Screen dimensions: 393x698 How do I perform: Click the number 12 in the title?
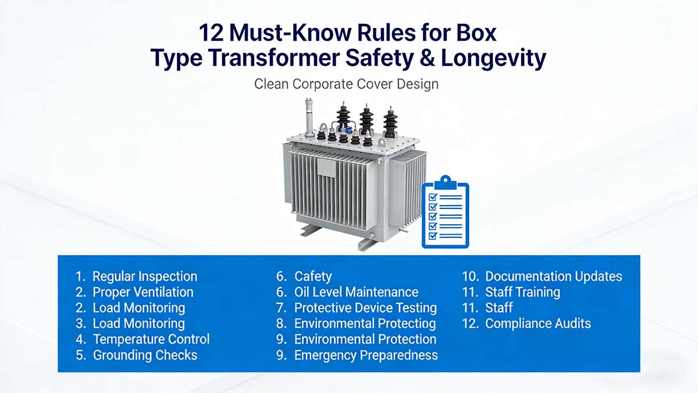click(211, 33)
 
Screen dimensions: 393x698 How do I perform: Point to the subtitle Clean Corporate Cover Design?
click(346, 84)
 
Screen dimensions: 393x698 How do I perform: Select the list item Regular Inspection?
click(145, 277)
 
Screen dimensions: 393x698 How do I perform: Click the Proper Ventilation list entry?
click(143, 292)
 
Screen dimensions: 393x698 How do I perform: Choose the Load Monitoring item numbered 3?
click(138, 324)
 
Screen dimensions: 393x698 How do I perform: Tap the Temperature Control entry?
click(151, 339)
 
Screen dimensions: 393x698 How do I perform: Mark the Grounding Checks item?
click(145, 355)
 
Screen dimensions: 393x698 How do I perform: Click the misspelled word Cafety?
click(313, 277)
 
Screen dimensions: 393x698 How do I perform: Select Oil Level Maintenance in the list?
click(356, 292)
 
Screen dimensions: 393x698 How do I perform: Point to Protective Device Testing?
click(365, 308)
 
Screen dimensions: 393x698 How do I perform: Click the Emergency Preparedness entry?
click(366, 355)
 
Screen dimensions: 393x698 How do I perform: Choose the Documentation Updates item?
click(553, 277)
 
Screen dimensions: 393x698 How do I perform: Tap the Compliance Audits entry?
click(537, 324)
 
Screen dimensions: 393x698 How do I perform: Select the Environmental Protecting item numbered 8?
click(365, 324)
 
